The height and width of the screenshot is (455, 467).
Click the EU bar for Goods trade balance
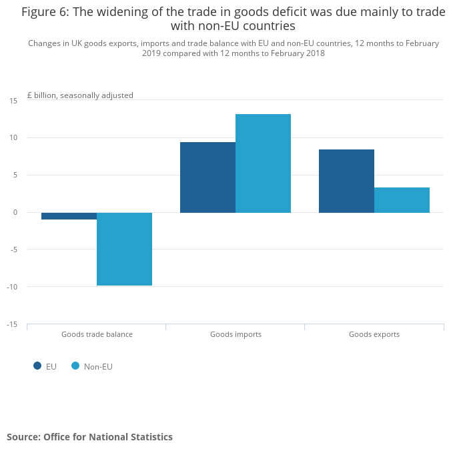click(69, 216)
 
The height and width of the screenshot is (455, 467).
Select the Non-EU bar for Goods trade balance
click(124, 249)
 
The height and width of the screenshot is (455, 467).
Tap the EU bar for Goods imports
click(207, 177)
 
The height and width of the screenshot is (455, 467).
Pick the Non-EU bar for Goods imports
click(263, 163)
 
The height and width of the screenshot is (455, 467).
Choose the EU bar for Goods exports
click(346, 181)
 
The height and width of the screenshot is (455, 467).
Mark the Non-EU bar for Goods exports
click(402, 200)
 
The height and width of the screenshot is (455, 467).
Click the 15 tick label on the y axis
click(13, 101)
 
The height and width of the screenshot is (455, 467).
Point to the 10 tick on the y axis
click(13, 138)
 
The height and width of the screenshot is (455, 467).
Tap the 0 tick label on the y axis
click(15, 213)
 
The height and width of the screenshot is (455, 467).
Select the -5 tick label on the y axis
click(13, 250)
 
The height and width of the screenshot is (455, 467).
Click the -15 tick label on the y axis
click(12, 325)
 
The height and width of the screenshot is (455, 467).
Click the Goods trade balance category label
click(97, 334)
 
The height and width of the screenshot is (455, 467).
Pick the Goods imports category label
click(236, 334)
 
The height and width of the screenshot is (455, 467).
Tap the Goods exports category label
click(374, 334)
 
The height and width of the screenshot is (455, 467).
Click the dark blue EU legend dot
click(37, 366)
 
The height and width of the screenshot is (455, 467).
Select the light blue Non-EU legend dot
click(75, 366)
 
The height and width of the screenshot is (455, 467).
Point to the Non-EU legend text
click(98, 366)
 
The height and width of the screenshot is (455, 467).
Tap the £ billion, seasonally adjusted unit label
click(80, 95)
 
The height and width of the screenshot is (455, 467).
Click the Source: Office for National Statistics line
click(89, 437)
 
